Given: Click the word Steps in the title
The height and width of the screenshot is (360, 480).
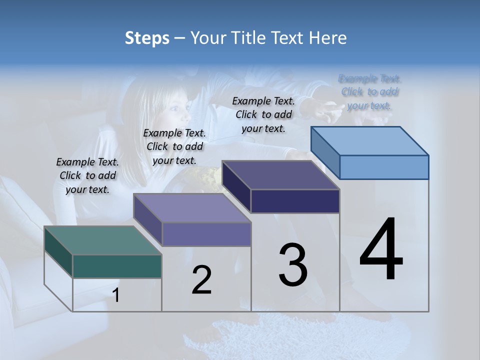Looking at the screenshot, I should pyautogui.click(x=147, y=38).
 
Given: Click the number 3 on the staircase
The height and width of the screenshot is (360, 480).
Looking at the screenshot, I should pyautogui.click(x=293, y=265).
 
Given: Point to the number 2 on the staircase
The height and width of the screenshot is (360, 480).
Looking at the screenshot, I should pyautogui.click(x=201, y=280).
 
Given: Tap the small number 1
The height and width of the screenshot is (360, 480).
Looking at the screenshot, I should pyautogui.click(x=116, y=295).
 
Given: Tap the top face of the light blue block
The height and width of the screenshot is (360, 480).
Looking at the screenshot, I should pyautogui.click(x=370, y=140).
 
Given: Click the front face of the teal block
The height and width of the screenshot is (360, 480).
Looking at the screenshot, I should pyautogui.click(x=117, y=266).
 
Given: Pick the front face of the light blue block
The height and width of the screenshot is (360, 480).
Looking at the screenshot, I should pyautogui.click(x=384, y=167).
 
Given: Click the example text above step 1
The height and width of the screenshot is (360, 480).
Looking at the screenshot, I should pyautogui.click(x=87, y=175).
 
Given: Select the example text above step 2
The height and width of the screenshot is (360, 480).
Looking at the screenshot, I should pyautogui.click(x=174, y=146).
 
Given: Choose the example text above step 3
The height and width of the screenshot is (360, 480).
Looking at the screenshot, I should pyautogui.click(x=263, y=114).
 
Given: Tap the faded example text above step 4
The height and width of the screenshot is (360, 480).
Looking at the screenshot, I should pyautogui.click(x=369, y=92).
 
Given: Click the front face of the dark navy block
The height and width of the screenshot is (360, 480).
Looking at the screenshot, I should pyautogui.click(x=295, y=201).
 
